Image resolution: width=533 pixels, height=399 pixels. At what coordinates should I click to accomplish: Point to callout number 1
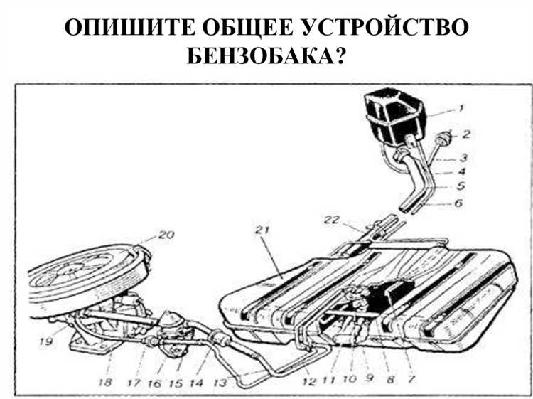pos(461,109)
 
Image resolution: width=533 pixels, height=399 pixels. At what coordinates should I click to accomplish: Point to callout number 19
pos(45,342)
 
